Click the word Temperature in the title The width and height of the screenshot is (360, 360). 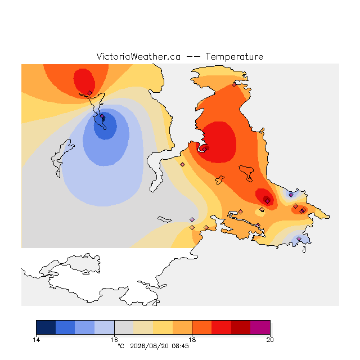pos(234,56)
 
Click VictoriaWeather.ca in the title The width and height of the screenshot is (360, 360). pos(138,56)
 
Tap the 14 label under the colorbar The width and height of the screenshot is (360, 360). pos(36,340)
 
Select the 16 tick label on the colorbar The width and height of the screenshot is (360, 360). pos(114,340)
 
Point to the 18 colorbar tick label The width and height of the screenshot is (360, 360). pos(192,340)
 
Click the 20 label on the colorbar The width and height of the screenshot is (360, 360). pos(270,340)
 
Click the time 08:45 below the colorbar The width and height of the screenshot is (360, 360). pos(180,346)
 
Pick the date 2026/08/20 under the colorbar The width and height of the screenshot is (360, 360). pos(150,346)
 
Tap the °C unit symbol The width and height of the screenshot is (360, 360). pos(121,346)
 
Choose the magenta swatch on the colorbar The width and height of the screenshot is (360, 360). pos(260,327)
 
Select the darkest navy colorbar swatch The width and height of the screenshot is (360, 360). pos(46,327)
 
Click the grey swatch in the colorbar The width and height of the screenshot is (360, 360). pos(124,327)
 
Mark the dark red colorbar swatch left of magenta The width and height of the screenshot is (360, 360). pos(241,327)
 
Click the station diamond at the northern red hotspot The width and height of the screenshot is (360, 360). pos(89,93)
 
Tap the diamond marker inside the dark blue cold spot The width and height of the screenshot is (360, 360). pos(102,116)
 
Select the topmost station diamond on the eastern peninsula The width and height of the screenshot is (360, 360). pos(234,85)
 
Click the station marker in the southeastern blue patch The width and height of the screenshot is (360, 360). pos(299,238)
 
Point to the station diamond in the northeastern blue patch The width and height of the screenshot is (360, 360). pos(291,195)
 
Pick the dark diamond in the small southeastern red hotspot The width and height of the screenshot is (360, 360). pos(268,201)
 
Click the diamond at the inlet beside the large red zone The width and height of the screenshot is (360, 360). pos(205,149)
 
